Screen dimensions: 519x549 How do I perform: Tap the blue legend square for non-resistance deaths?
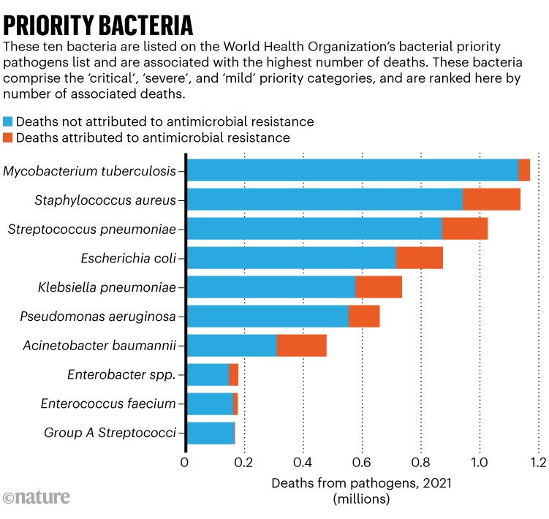[x=9, y=121]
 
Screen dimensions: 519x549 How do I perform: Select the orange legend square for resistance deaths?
[x=9, y=137]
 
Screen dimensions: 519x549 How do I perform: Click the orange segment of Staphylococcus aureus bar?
[x=491, y=199]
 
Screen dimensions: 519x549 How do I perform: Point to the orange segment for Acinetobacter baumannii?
[x=301, y=345]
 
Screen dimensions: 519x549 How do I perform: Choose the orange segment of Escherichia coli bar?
[x=419, y=257]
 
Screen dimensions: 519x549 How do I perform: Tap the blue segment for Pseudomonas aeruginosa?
[x=268, y=316]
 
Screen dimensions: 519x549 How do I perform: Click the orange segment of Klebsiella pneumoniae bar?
[x=378, y=287]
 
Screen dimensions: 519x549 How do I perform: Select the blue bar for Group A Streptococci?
[x=211, y=433]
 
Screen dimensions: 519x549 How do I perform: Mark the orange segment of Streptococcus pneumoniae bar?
[x=464, y=228]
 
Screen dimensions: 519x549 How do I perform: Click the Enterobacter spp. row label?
[x=121, y=375]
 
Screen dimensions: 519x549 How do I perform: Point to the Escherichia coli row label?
[x=128, y=257]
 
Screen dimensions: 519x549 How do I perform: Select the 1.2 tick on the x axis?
[x=537, y=463]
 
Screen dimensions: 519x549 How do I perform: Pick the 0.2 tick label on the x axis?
[x=243, y=463]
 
